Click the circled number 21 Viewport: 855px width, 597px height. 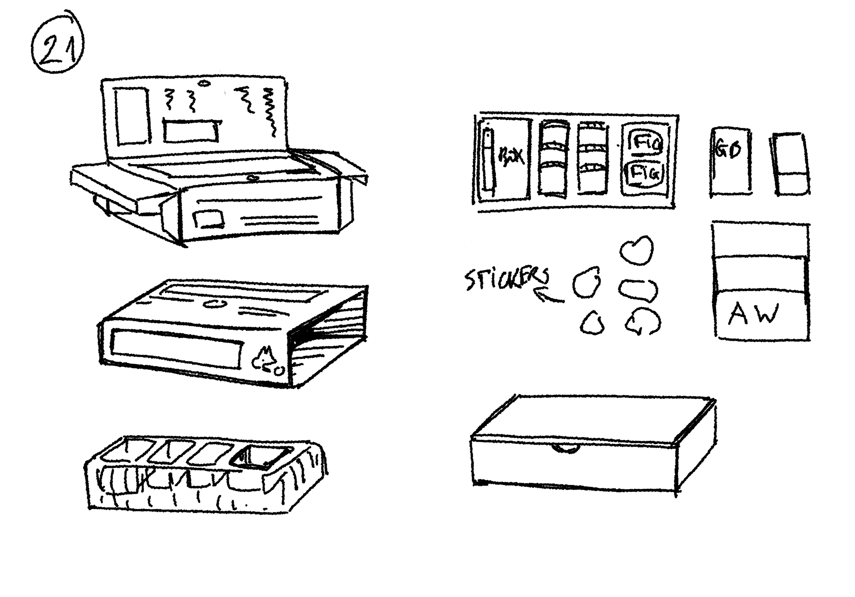point(58,44)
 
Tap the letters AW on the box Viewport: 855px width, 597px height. point(753,314)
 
